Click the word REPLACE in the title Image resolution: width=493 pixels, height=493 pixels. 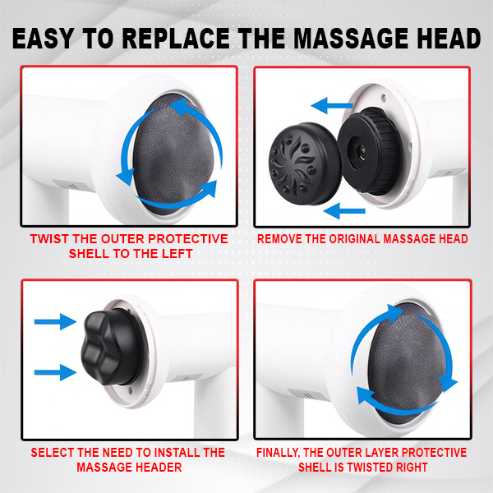[x=176, y=39]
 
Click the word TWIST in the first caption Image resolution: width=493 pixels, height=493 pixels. [x=50, y=239]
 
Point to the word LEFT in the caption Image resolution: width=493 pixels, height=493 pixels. [x=177, y=254]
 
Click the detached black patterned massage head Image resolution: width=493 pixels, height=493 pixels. [x=304, y=164]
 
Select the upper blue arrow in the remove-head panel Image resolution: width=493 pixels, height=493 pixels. [x=332, y=105]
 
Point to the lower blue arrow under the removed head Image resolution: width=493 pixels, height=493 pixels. [x=344, y=211]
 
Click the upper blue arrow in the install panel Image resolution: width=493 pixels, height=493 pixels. [x=55, y=321]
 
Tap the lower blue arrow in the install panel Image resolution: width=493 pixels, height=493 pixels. [x=55, y=372]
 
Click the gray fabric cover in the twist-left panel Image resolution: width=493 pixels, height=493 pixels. [x=173, y=154]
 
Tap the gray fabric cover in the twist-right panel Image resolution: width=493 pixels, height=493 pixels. [x=408, y=362]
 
